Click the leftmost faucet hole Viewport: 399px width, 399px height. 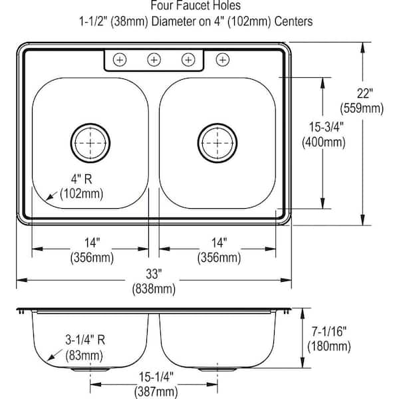120,60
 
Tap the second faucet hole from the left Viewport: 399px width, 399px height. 154,60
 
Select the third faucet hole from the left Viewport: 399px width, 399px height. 188,60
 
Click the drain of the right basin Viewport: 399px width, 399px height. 215,140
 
